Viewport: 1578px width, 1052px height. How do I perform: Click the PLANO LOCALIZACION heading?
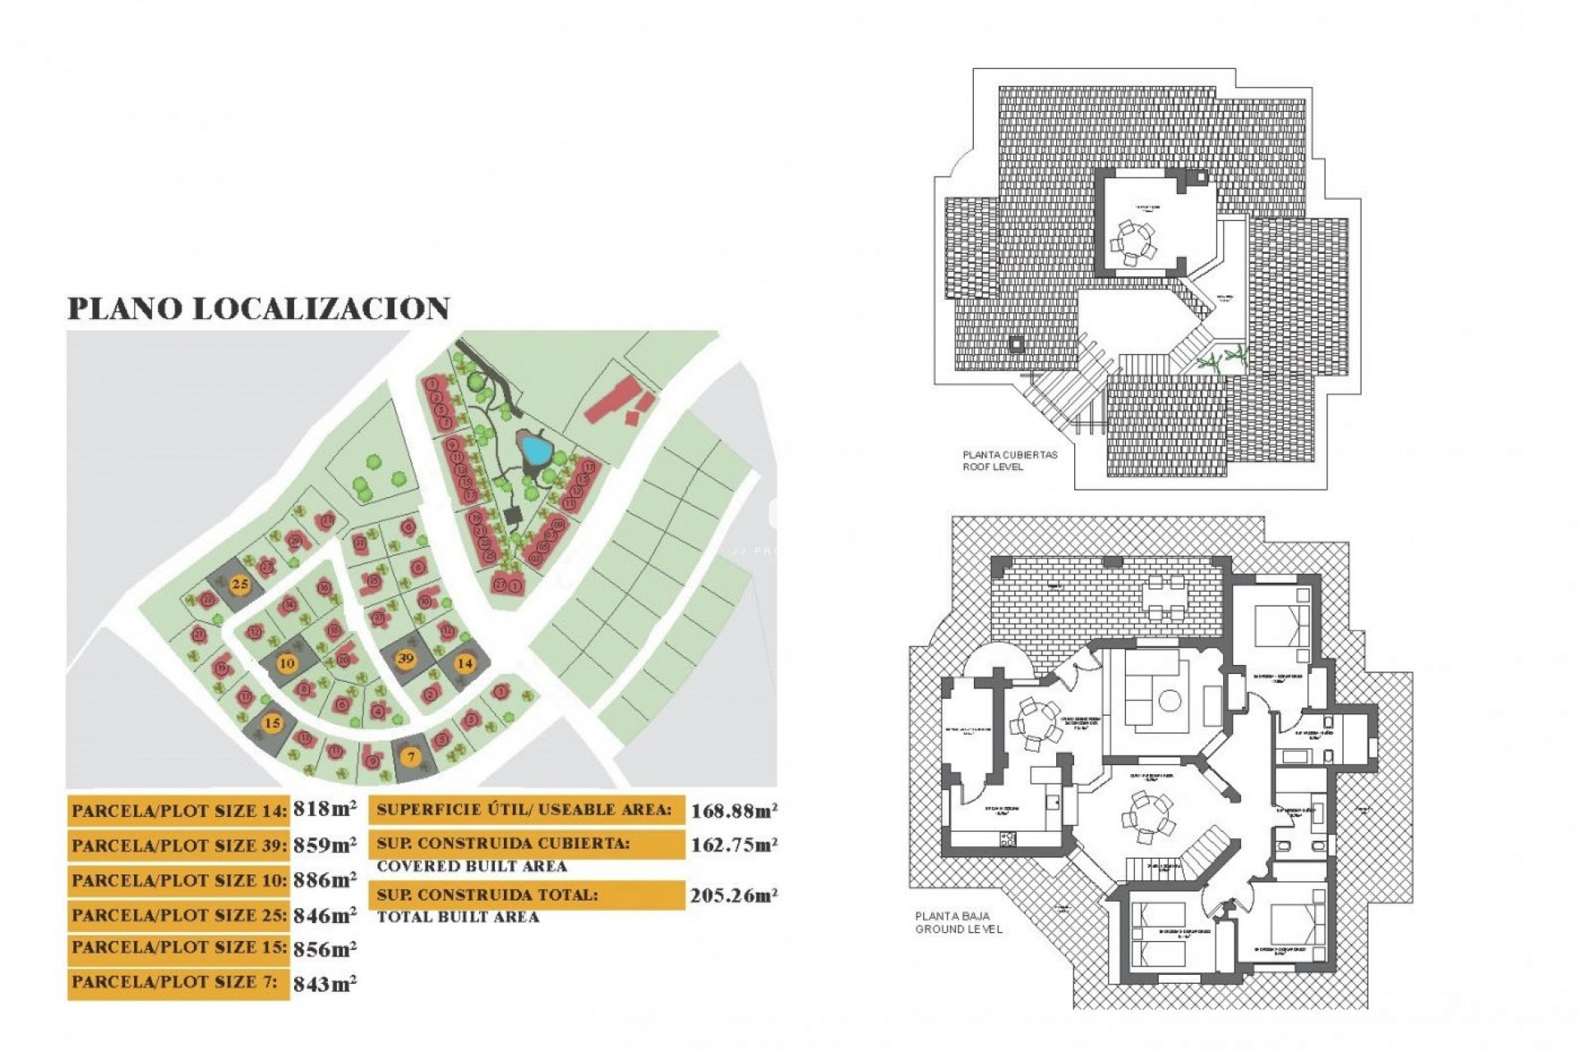click(x=258, y=309)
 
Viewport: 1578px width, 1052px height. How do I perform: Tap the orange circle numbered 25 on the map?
click(x=240, y=585)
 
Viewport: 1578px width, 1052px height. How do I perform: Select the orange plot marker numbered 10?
click(x=287, y=663)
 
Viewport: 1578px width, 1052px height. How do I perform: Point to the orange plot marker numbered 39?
click(x=405, y=658)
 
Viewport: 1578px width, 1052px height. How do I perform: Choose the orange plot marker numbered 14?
click(x=465, y=663)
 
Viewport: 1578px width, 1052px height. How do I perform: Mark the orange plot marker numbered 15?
click(x=272, y=723)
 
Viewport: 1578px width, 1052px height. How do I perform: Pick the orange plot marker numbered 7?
click(x=412, y=756)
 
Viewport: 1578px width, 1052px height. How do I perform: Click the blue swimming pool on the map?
click(x=536, y=450)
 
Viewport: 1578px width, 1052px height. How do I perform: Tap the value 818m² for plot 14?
click(x=325, y=810)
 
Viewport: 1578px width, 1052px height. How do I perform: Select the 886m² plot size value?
click(x=325, y=879)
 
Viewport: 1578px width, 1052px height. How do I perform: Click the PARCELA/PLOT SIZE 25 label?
click(x=179, y=915)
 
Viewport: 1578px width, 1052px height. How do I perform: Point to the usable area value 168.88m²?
click(x=734, y=811)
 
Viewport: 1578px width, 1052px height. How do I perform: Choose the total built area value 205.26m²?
click(x=734, y=896)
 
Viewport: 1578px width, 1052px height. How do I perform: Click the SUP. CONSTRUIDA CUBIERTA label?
click(x=503, y=844)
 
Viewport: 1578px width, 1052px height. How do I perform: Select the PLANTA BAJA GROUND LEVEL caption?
click(x=959, y=922)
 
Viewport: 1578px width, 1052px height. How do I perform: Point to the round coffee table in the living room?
click(x=1170, y=701)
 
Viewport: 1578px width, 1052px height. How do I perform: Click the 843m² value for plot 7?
click(x=325, y=984)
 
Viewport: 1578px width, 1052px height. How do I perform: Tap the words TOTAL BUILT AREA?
click(x=458, y=916)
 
